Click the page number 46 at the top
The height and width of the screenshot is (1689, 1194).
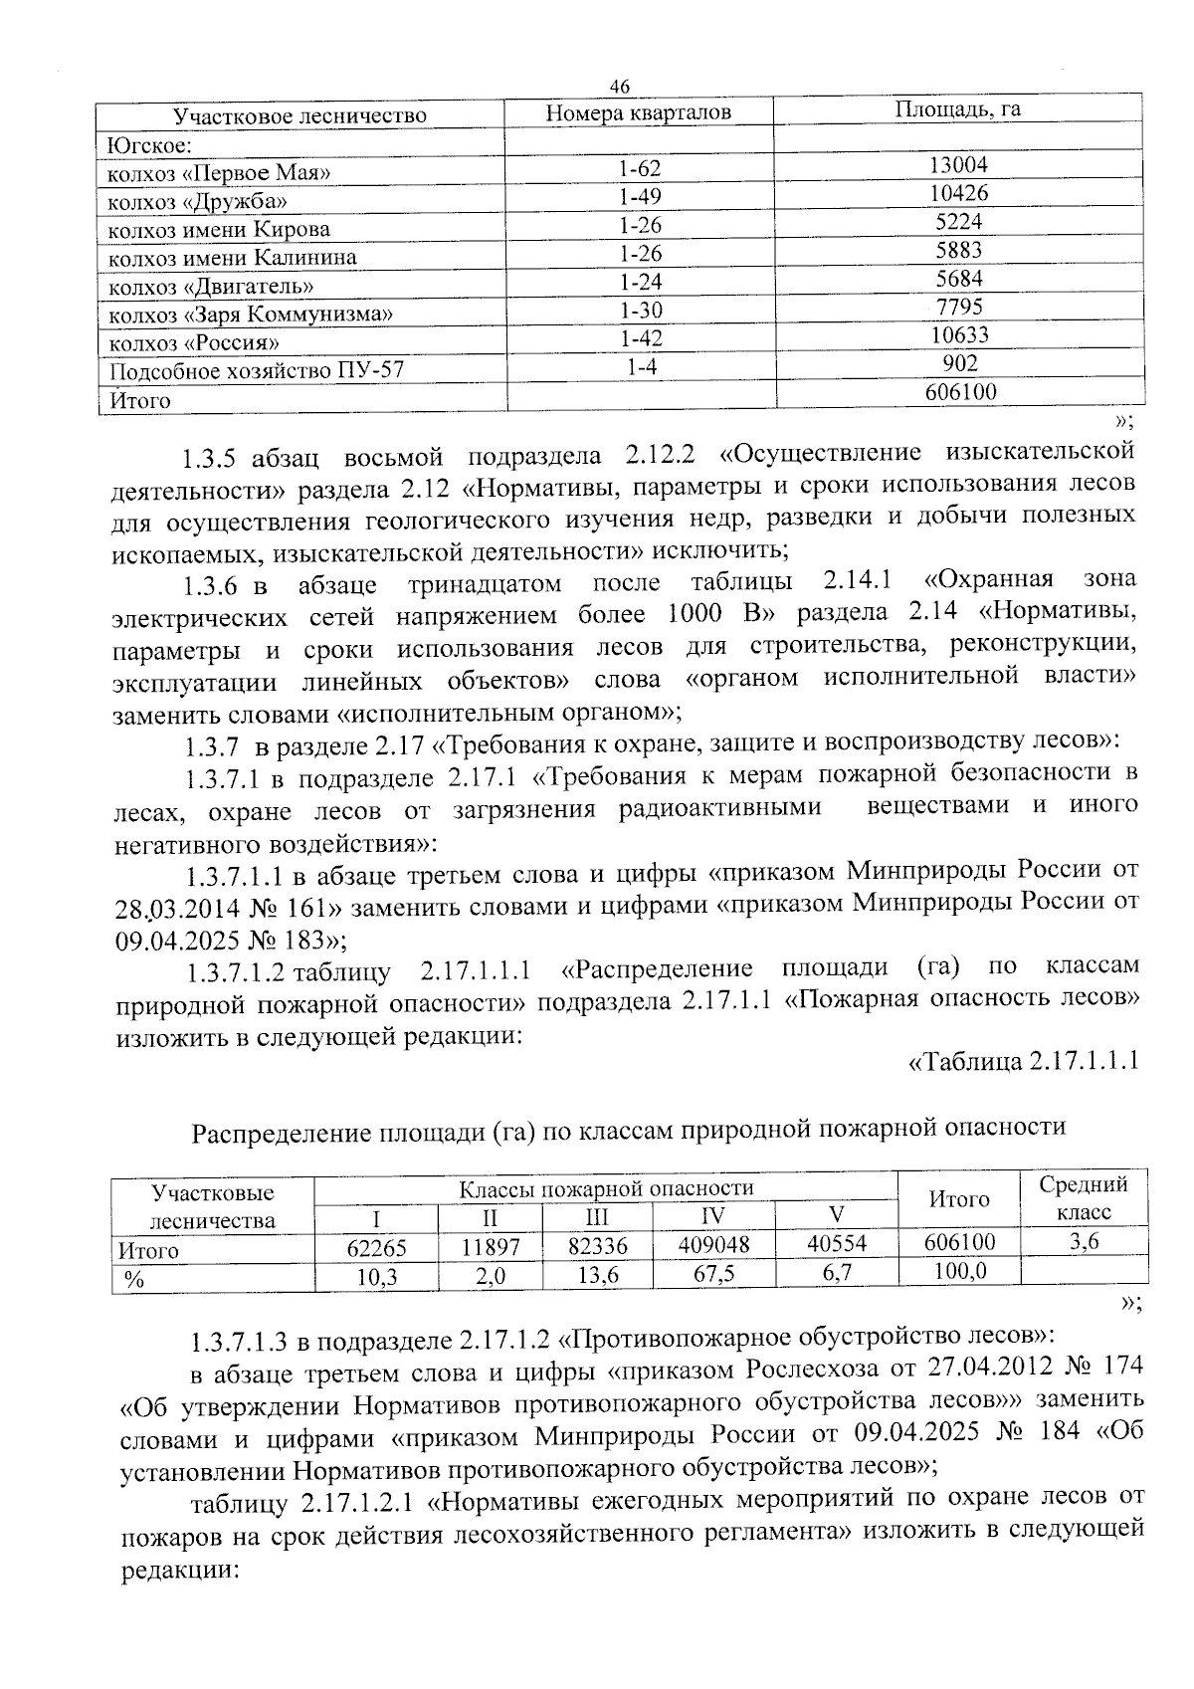click(619, 87)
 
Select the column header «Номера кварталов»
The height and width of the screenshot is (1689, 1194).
click(639, 112)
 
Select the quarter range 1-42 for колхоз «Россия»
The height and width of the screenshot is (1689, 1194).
click(640, 338)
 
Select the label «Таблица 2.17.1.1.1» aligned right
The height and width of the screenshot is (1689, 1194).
click(1024, 1061)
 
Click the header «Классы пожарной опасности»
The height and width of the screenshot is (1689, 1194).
click(605, 1187)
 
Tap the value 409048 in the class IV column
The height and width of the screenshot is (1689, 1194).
click(712, 1244)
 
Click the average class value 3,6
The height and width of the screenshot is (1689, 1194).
click(1083, 1240)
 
